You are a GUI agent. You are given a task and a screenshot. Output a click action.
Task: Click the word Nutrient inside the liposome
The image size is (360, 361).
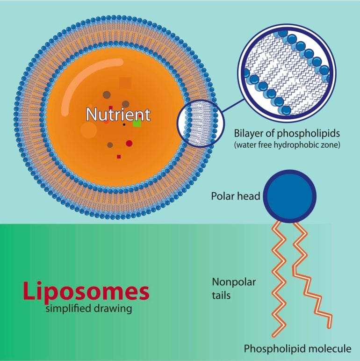[x=118, y=115]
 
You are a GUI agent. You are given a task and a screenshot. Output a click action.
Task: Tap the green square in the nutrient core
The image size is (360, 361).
[x=137, y=123]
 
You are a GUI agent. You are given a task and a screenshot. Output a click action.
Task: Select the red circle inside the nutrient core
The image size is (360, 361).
[x=129, y=144]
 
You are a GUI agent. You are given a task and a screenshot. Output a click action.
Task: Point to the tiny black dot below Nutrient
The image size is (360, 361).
[x=124, y=124]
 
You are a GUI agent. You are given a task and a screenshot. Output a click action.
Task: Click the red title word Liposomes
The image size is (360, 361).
[x=86, y=291]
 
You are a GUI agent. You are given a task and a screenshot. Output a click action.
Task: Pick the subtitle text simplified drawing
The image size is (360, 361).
[x=89, y=308]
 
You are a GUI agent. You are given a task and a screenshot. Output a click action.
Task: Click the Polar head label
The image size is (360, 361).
[x=236, y=196]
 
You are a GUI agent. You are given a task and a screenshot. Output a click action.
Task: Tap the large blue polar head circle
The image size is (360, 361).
[x=289, y=196]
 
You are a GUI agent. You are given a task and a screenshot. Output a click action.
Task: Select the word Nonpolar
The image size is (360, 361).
[x=234, y=282]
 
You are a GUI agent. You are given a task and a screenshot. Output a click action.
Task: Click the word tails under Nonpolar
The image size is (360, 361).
[x=221, y=296]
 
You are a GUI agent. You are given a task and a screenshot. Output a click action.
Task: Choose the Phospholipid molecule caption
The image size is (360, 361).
[x=297, y=349]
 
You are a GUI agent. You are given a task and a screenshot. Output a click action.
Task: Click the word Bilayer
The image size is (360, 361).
[x=248, y=134]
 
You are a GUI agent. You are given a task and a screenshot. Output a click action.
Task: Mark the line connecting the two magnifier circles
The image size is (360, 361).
[x=233, y=106]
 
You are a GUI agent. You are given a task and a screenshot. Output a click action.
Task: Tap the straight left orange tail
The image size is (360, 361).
[x=279, y=279]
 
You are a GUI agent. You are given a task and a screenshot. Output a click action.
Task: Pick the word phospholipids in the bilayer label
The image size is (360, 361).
[x=309, y=134]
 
